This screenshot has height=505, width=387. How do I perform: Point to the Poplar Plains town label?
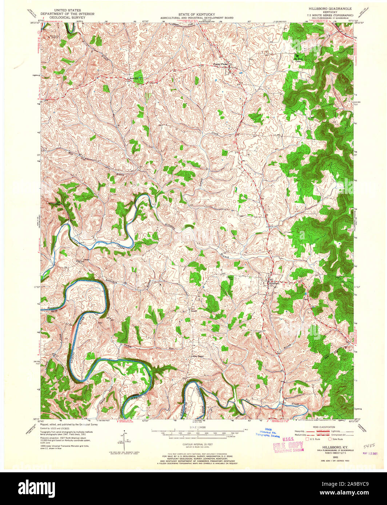tap(220, 64)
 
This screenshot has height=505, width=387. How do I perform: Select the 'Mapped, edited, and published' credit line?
tap(69, 424)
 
